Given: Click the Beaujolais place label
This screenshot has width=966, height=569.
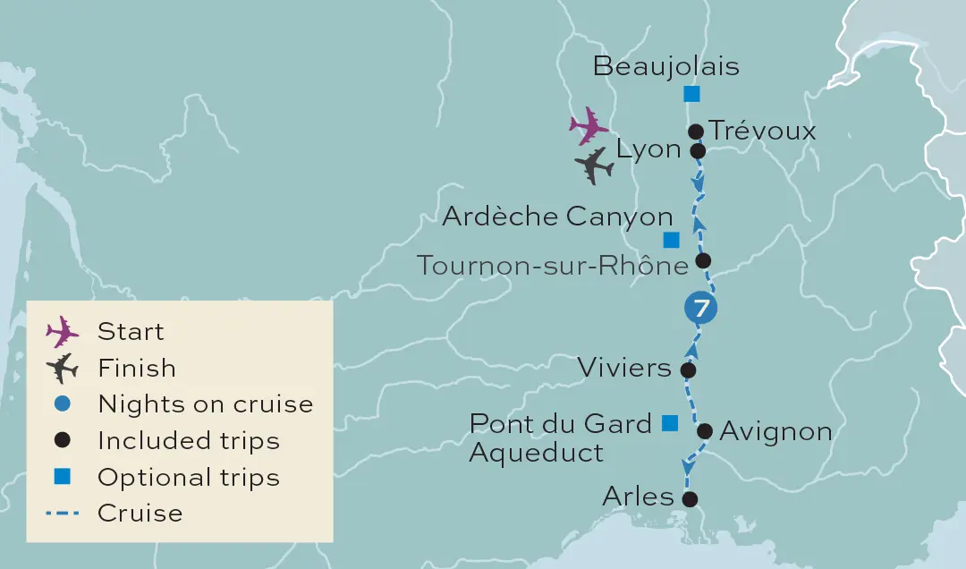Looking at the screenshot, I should (665, 66).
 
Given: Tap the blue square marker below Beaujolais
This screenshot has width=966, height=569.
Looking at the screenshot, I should (691, 93).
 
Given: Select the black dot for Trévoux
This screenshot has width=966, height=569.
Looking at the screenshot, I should (696, 132).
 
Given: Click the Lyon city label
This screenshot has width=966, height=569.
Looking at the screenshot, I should (649, 149).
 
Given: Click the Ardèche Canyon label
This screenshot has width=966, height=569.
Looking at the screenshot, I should (557, 217).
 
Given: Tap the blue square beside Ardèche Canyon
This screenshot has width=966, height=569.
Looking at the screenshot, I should (670, 239).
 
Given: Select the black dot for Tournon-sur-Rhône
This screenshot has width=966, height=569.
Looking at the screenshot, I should (703, 260).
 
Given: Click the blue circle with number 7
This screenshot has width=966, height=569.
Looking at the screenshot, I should (701, 309).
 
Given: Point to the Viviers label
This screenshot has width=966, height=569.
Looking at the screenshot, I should (624, 368).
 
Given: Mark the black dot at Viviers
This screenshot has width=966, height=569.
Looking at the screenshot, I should (688, 369).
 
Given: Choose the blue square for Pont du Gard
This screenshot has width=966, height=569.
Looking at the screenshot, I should (669, 423).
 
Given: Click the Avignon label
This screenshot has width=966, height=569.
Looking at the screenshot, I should (775, 432).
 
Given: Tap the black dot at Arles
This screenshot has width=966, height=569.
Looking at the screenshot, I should (689, 499).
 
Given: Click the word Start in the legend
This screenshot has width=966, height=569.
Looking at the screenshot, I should (131, 331).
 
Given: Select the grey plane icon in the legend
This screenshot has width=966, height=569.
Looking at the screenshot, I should (63, 368).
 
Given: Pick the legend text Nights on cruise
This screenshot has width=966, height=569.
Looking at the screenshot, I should (206, 403).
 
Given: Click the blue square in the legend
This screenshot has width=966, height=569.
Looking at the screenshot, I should (63, 477).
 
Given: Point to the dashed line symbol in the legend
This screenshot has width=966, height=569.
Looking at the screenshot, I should (63, 514).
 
